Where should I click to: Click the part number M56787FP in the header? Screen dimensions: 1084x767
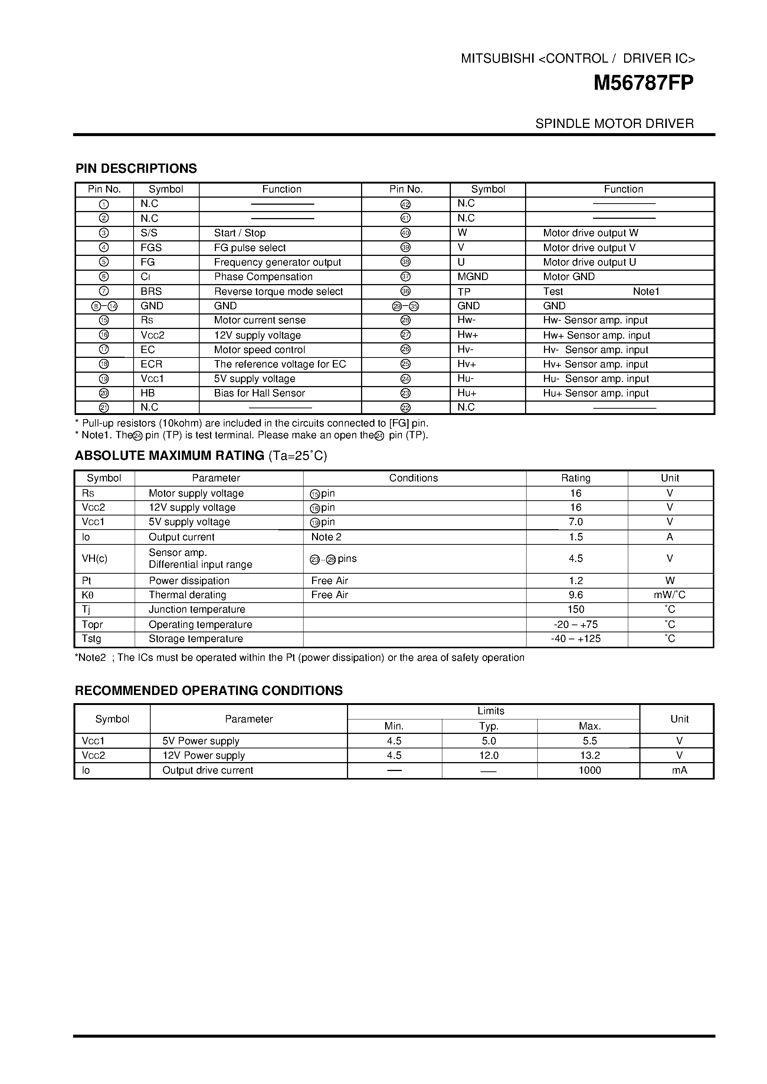click(x=643, y=83)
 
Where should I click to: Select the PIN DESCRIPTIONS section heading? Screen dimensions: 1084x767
click(x=136, y=168)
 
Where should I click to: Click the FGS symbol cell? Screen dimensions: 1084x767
click(x=151, y=248)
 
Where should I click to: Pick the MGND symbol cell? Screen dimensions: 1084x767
click(x=472, y=277)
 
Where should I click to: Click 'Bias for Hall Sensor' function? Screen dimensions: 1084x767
click(x=259, y=393)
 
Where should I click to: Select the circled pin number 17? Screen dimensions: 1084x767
click(x=104, y=350)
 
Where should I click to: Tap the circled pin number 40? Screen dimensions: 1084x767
click(x=405, y=233)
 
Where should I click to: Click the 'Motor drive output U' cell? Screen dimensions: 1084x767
click(x=589, y=263)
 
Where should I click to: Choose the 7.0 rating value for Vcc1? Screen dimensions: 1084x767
click(x=576, y=522)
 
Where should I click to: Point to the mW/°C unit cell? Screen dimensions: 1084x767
click(x=669, y=595)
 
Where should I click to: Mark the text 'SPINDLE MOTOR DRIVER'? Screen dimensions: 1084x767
click(x=614, y=124)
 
